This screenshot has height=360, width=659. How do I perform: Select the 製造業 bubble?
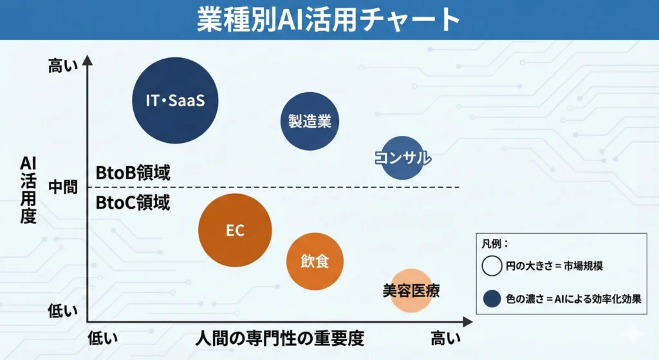(310, 121)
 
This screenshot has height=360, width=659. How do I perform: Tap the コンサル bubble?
(403, 158)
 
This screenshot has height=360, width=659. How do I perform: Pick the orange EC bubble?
(235, 230)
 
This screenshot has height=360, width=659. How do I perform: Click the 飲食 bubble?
(315, 261)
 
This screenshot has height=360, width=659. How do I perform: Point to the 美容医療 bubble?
(411, 290)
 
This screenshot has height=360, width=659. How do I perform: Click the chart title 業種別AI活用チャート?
(329, 20)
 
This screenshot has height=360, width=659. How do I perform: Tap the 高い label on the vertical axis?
(63, 66)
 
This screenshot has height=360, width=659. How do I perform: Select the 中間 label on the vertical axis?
(63, 187)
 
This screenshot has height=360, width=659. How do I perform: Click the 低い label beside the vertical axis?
(63, 311)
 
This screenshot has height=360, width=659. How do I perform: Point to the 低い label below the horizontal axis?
(103, 337)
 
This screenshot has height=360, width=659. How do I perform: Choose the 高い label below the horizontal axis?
(445, 337)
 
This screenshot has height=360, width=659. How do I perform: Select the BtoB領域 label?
(133, 173)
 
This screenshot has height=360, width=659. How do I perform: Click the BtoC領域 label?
(133, 203)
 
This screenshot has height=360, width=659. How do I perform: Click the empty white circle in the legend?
(492, 265)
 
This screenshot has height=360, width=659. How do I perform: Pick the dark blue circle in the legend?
(492, 298)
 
